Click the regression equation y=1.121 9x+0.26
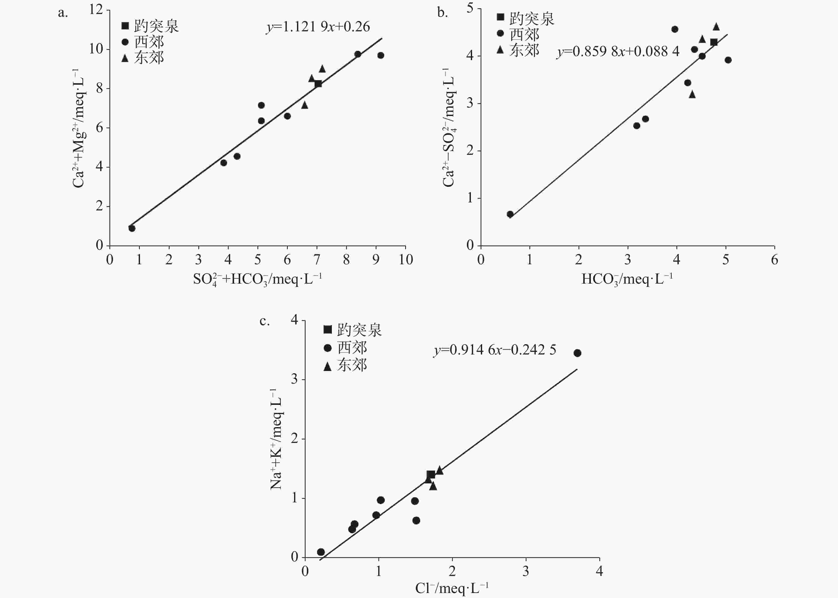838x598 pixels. pos(318,27)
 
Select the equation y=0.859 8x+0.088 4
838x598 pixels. pos(618,52)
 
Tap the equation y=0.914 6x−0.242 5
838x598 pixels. pos(495,350)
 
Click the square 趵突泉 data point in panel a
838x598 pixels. pos(318,84)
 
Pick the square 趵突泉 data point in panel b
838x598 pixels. pos(714,42)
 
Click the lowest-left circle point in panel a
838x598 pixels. pos(132,228)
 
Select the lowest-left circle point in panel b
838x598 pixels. pos(510,214)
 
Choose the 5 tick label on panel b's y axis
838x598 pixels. pos(470,8)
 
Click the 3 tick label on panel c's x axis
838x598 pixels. pos(525,571)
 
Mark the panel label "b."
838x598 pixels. pos(442,13)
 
